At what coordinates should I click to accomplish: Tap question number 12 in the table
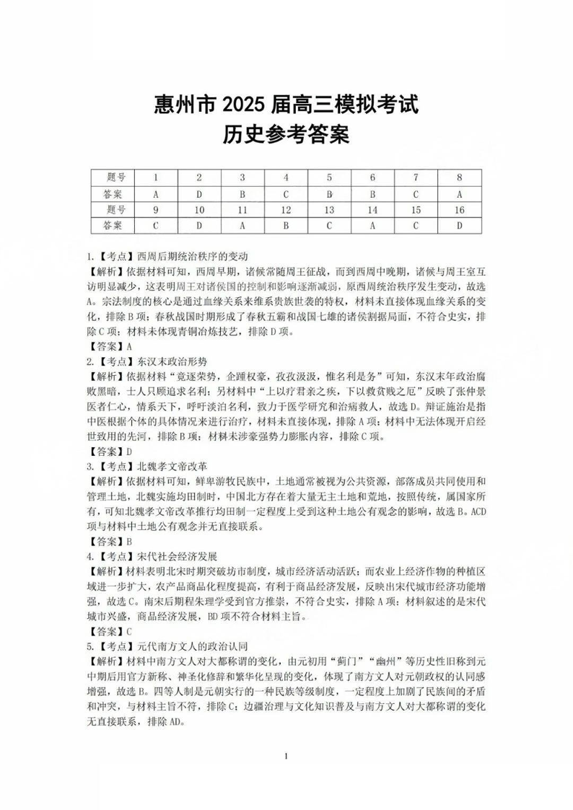click(286, 210)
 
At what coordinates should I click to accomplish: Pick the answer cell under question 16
click(459, 225)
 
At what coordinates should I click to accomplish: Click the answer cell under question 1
click(156, 193)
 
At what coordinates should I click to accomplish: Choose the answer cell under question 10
click(199, 225)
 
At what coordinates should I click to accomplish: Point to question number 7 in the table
click(416, 177)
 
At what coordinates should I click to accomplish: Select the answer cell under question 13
click(329, 225)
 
